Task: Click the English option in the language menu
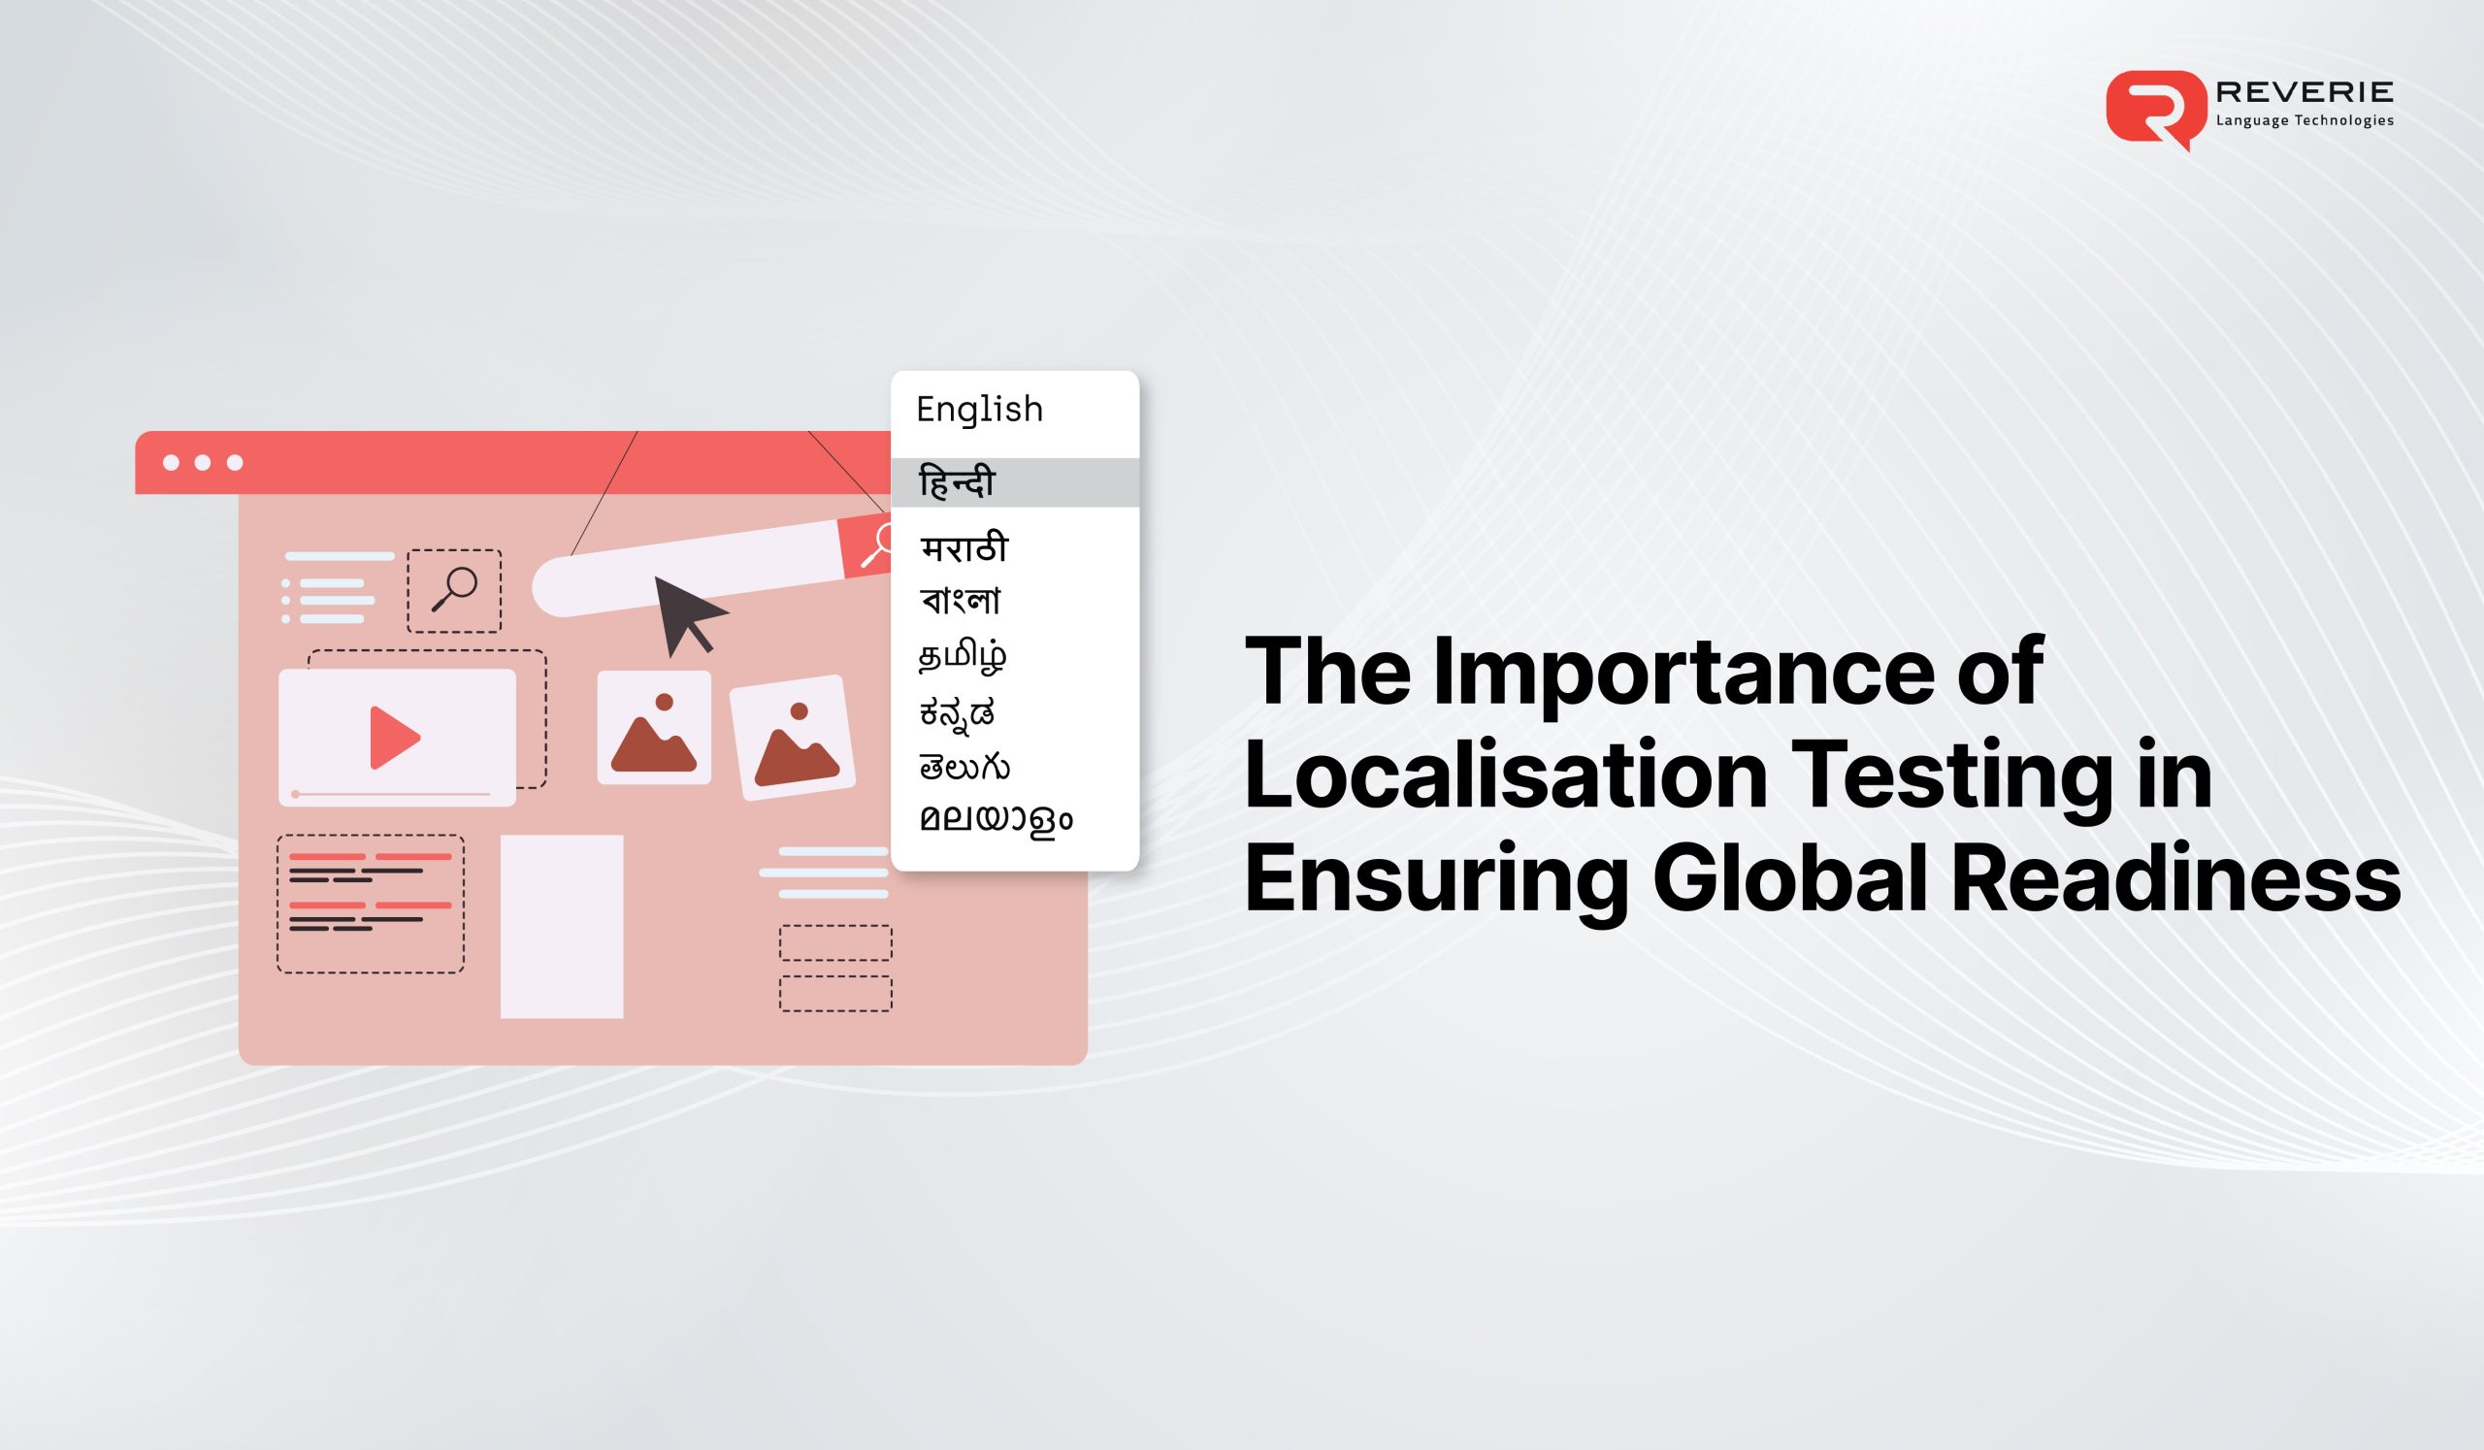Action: tap(979, 409)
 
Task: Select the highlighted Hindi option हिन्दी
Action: tap(957, 483)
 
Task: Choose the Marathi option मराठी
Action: tap(964, 548)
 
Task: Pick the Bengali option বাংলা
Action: tap(961, 601)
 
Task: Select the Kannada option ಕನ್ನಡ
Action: tap(957, 711)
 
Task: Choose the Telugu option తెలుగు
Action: tap(964, 766)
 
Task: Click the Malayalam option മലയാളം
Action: tap(996, 820)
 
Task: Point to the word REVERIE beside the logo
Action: tap(2304, 92)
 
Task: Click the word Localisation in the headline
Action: tap(1505, 777)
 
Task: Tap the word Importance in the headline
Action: tap(1683, 673)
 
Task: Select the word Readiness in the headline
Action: tap(2175, 880)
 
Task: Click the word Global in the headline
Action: tap(1789, 880)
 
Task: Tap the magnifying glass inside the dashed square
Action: tap(454, 590)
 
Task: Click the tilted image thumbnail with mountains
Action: tap(793, 738)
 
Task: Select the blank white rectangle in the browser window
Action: tap(562, 926)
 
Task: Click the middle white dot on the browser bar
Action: tap(203, 463)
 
